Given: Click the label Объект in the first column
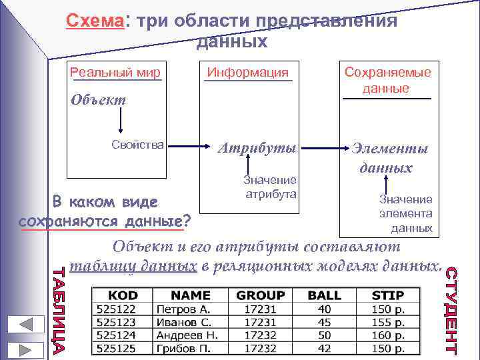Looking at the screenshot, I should click(98, 101).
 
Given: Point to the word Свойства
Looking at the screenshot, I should click(138, 145).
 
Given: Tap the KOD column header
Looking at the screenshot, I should click(123, 295).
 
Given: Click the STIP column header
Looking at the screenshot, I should click(388, 295).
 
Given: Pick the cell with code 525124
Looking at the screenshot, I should click(117, 335).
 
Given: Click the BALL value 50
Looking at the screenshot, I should click(325, 335).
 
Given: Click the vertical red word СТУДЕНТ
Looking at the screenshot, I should click(451, 310).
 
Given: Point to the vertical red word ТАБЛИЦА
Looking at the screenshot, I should click(59, 310).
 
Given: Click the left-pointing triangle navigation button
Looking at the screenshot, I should click(27, 325).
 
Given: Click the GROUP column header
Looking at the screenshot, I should click(261, 295).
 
